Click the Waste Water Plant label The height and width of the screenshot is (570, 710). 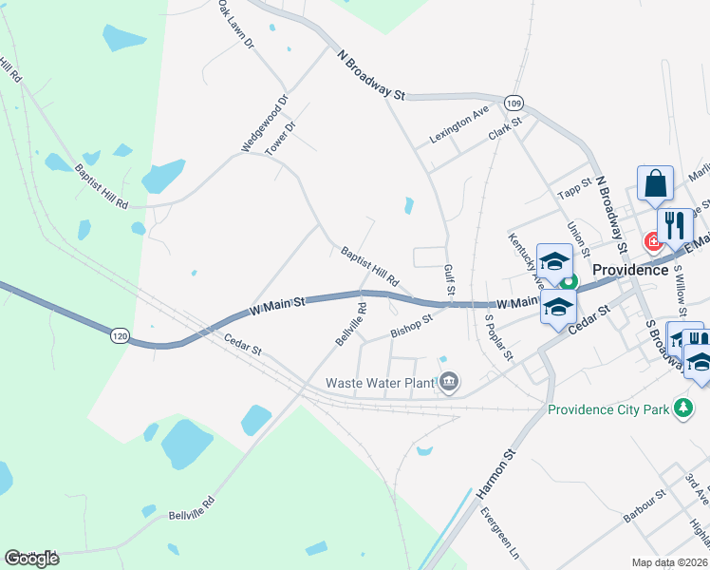380,384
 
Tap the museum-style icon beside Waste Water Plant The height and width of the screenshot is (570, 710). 449,384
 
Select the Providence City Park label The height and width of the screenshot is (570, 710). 608,410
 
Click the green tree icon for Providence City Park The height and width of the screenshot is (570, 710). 682,409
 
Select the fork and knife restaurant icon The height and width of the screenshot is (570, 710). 675,225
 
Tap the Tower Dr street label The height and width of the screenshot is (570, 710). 281,139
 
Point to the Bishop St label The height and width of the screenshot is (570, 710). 411,326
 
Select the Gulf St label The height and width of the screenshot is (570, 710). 449,278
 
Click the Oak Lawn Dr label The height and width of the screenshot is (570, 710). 236,25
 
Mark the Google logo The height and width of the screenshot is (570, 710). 32,559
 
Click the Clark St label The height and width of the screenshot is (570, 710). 506,127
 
